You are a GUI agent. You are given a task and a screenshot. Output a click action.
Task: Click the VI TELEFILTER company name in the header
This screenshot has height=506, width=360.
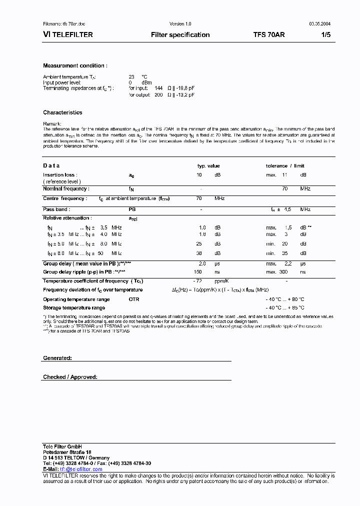click(x=67, y=35)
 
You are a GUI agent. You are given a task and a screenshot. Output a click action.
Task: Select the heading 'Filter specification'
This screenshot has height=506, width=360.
click(x=180, y=35)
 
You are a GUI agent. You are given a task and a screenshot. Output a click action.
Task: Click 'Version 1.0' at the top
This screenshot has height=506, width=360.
click(x=180, y=24)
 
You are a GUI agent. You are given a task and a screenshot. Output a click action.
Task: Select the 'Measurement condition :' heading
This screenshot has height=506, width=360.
click(x=75, y=66)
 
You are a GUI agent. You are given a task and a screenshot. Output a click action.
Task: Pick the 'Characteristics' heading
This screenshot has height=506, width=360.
click(x=62, y=113)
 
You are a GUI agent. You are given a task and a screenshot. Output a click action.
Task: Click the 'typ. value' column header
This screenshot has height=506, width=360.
click(x=208, y=166)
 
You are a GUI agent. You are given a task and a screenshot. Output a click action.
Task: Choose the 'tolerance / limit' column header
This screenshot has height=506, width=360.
click(x=285, y=166)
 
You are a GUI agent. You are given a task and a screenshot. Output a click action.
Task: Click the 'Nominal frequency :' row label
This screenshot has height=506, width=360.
click(x=66, y=189)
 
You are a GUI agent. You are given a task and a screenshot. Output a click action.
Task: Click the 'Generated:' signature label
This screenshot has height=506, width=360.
click(x=57, y=358)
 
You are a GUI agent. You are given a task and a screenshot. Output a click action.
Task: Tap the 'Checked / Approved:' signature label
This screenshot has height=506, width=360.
click(x=70, y=377)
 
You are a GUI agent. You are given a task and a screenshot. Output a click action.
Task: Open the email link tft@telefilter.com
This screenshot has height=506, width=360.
click(x=81, y=469)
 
